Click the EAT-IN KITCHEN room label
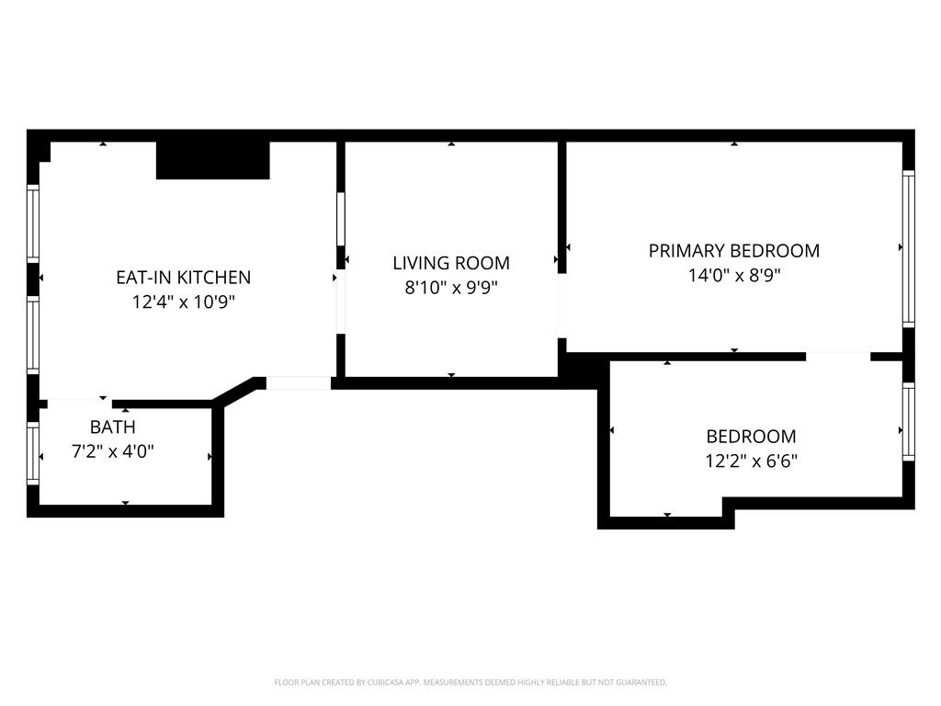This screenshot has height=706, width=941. (183, 277)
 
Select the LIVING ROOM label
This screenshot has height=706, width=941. (450, 263)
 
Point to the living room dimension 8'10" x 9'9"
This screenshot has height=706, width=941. (450, 287)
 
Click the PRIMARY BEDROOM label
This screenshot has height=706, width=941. (733, 250)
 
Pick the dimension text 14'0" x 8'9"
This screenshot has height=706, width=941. (733, 274)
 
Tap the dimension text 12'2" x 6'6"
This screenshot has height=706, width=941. (751, 461)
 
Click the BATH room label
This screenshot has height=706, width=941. (112, 427)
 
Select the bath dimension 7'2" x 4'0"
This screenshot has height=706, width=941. (112, 451)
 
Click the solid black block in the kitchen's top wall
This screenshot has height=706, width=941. (212, 160)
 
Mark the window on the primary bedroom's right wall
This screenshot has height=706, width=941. (908, 248)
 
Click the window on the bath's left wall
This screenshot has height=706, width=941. (33, 453)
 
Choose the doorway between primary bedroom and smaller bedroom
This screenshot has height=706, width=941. (837, 356)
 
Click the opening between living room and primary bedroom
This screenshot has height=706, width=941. (561, 305)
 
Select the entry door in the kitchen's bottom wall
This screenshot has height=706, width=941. (298, 383)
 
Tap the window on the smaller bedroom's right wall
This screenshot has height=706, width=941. (908, 421)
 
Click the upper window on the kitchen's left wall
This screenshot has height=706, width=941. (33, 222)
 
